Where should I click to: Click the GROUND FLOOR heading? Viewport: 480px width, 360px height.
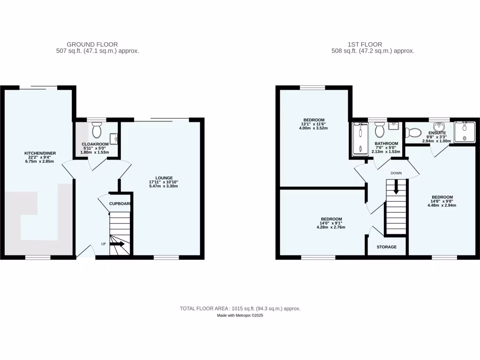point(92,45)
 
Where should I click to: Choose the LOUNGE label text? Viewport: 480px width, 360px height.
point(162,178)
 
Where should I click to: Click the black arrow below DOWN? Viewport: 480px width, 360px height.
point(396,189)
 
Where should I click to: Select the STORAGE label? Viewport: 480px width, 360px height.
point(387,247)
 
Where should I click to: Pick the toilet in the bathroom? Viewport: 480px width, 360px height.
point(379,128)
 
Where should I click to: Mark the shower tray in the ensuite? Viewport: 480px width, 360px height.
point(465,131)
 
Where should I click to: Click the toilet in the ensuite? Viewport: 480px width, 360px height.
point(413,132)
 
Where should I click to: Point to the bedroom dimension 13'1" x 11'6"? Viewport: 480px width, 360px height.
point(314,124)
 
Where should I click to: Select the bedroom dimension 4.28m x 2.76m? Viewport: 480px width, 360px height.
point(331,227)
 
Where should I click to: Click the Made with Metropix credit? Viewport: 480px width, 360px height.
point(240,316)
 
